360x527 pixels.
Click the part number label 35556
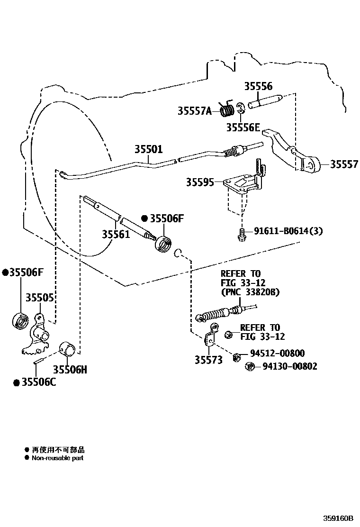tap(258, 86)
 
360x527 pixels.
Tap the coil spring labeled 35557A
tap(228, 111)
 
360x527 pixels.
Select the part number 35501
tap(148, 150)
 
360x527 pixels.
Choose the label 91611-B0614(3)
tap(288, 231)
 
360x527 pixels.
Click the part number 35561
tap(116, 234)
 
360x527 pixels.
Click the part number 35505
tap(39, 297)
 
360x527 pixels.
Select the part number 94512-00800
tap(277, 354)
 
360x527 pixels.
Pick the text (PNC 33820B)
tap(250, 292)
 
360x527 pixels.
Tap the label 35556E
tap(243, 127)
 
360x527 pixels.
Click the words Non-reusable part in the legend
tap(57, 458)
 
